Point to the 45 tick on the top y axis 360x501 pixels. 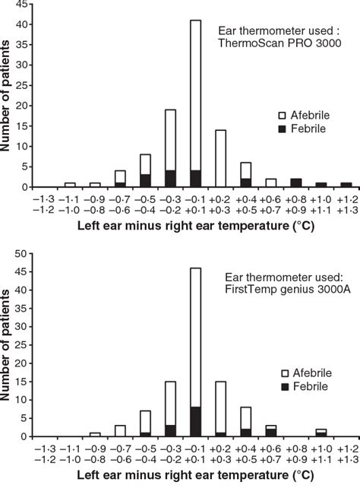(x=27, y=5)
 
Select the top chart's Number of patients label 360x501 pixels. (x=9, y=95)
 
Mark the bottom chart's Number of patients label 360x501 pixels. (x=9, y=344)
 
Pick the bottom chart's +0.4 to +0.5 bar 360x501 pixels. (x=245, y=422)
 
